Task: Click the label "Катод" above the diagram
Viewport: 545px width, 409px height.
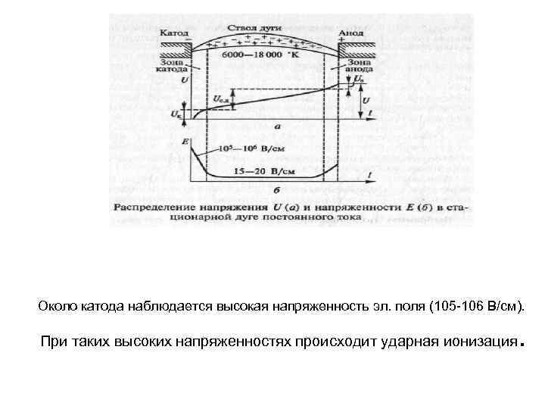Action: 174,33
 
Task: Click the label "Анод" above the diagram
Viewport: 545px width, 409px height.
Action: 351,33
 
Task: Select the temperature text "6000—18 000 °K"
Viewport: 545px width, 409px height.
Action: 259,55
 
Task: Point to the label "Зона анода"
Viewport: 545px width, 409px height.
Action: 356,67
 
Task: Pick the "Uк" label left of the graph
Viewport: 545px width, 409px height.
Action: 176,114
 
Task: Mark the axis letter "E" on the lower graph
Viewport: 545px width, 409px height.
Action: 185,142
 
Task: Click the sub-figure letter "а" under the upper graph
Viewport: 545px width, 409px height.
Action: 279,128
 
